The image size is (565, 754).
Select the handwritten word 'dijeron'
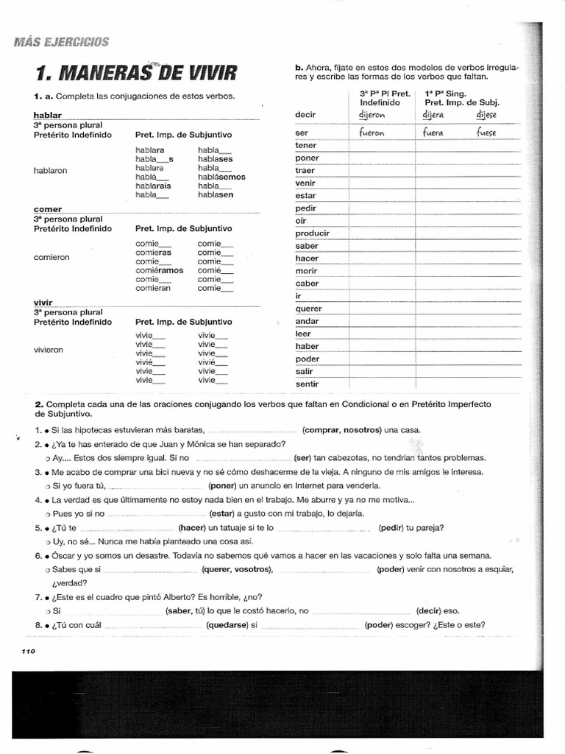point(372,115)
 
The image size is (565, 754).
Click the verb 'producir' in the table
point(312,233)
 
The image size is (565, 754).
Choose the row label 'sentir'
point(307,384)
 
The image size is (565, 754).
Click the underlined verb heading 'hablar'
point(47,116)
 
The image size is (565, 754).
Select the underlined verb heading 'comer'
point(47,209)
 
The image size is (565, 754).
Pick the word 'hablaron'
point(51,169)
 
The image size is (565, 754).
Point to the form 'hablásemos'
point(221,177)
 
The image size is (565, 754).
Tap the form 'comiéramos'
point(160,270)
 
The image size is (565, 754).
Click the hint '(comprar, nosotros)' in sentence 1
point(341,430)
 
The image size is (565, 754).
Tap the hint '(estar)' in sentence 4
point(221,513)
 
